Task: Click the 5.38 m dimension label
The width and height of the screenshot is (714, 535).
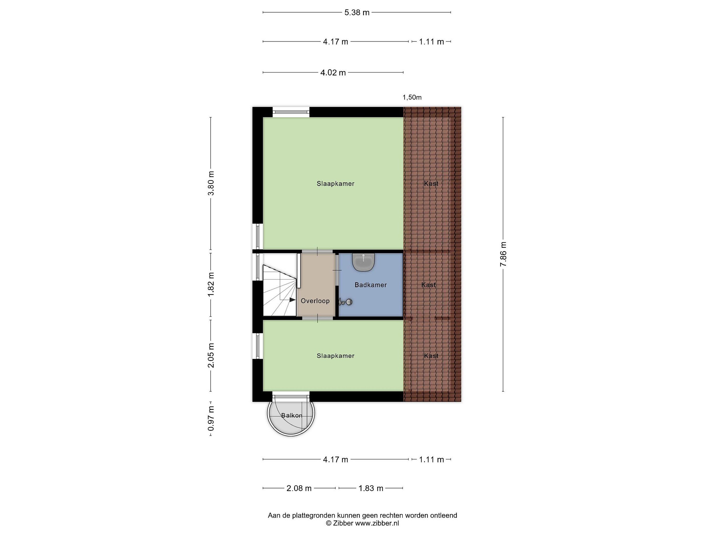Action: [x=357, y=13]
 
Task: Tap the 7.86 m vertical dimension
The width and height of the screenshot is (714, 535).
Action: [x=503, y=254]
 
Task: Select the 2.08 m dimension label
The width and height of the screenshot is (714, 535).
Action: [x=299, y=488]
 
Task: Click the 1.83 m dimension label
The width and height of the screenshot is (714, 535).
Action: [x=371, y=488]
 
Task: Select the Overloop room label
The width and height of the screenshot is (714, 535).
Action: [x=315, y=301]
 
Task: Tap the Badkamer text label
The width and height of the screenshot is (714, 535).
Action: [x=371, y=285]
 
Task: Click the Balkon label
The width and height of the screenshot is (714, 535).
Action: [x=292, y=415]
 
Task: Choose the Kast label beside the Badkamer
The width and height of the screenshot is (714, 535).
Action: [x=428, y=285]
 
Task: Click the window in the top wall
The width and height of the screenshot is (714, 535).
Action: [x=291, y=111]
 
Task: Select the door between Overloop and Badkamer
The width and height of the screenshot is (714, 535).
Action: [x=337, y=270]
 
